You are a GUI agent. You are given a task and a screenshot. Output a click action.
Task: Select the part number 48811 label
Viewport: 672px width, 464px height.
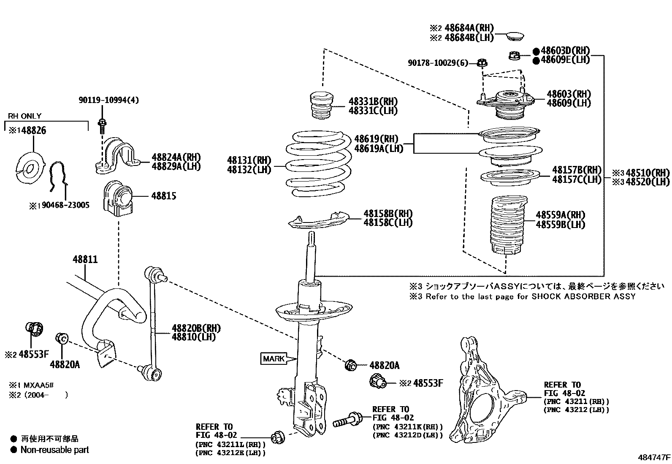click(85, 259)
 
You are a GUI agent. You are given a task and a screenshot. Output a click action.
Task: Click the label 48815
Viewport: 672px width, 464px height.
click(164, 196)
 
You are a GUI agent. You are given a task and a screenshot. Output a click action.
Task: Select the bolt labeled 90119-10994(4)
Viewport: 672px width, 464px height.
click(102, 125)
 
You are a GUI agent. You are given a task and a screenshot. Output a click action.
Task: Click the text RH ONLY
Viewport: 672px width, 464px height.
click(24, 116)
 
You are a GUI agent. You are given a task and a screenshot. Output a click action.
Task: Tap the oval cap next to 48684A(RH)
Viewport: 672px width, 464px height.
click(515, 35)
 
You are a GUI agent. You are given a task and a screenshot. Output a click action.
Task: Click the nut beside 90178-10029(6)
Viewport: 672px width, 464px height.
click(482, 63)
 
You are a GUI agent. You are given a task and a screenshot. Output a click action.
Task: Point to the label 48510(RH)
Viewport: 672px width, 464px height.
click(648, 173)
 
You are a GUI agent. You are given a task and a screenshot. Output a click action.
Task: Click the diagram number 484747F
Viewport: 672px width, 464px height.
click(654, 457)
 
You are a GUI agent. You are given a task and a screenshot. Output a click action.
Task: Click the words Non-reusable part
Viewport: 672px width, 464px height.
click(55, 450)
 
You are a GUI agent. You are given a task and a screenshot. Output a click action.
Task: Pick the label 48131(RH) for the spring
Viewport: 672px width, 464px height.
click(249, 160)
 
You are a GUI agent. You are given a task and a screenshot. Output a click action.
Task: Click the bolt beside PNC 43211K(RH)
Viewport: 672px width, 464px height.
click(347, 421)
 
